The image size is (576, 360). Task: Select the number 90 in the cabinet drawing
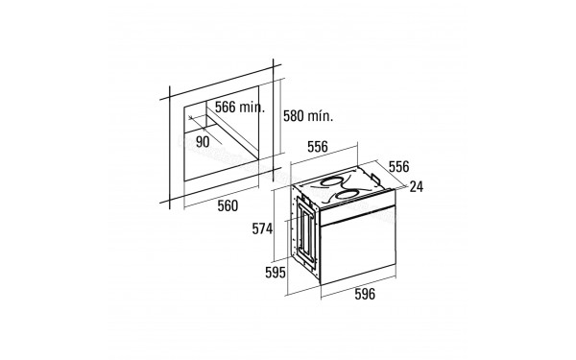[203, 140]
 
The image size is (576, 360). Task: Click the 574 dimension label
[263, 228]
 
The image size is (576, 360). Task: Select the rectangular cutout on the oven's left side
[304, 234]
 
